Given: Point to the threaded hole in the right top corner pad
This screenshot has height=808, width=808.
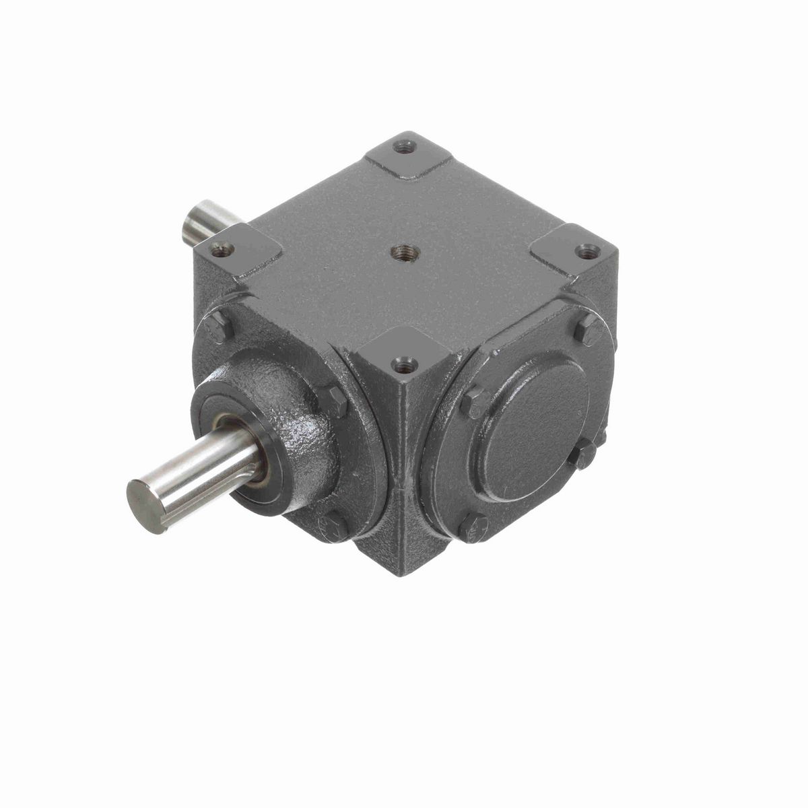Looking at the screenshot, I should click(x=587, y=251).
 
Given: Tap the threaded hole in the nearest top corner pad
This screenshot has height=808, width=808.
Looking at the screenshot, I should click(x=404, y=365).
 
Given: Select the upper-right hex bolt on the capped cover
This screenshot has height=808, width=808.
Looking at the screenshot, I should click(x=589, y=330).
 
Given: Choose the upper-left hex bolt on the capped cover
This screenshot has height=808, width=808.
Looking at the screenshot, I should click(x=476, y=402).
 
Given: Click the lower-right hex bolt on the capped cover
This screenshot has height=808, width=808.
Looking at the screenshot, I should click(x=583, y=456).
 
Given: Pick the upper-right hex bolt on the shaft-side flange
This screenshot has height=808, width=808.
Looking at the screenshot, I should click(x=331, y=401).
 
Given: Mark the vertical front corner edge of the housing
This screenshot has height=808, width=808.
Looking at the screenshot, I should click(x=403, y=471).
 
